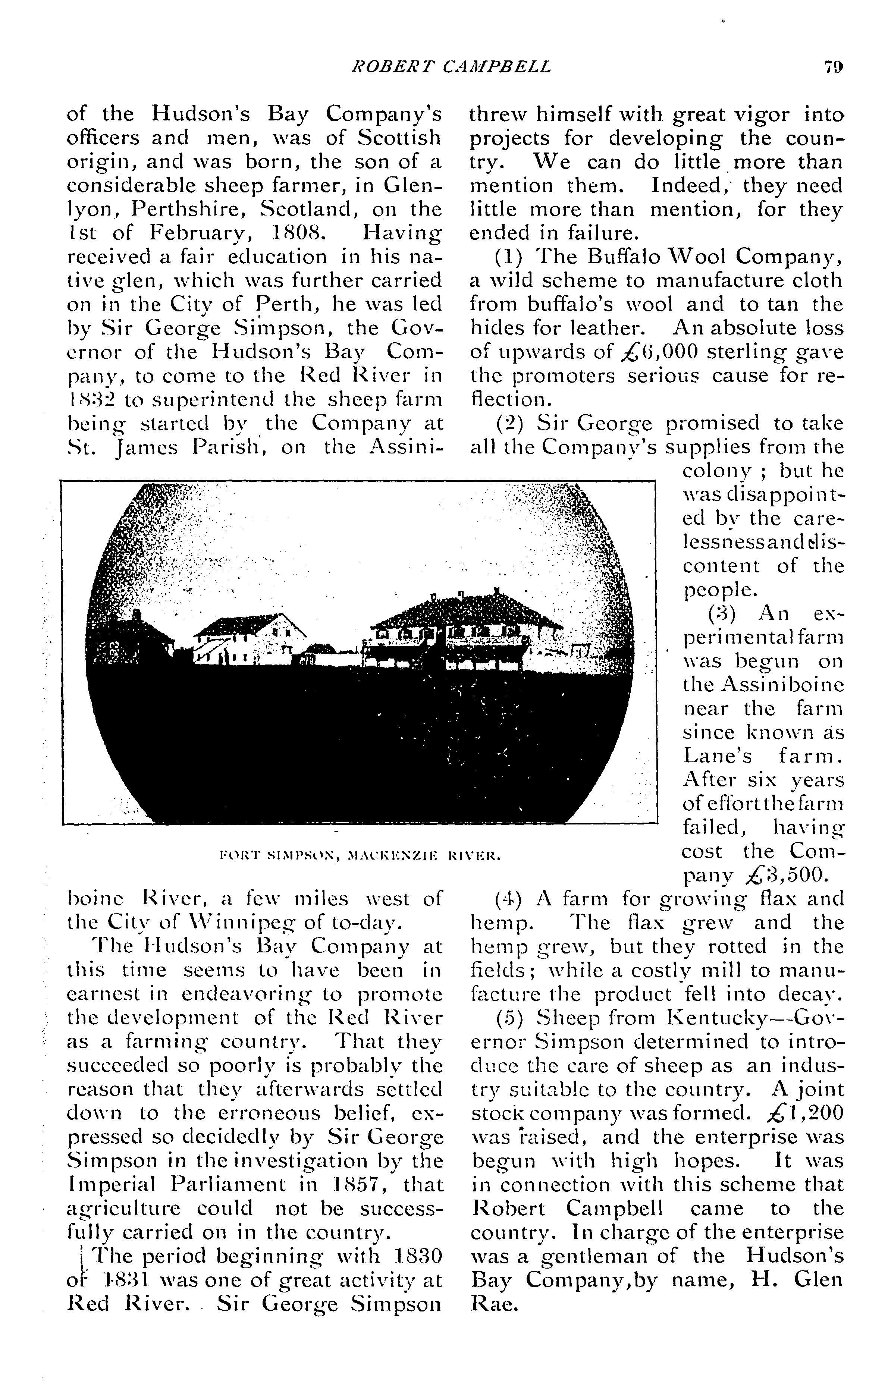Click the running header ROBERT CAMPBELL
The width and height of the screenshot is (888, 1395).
451,68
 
